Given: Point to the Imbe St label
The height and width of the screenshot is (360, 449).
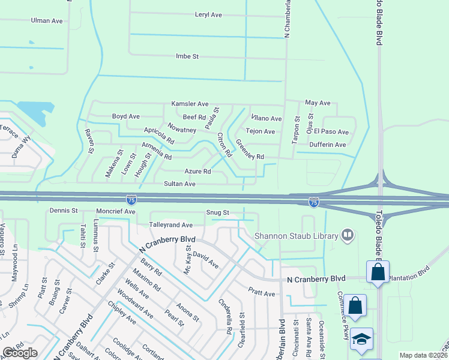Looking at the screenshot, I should (x=187, y=56).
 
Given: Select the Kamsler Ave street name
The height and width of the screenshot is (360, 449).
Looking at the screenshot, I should (x=190, y=104).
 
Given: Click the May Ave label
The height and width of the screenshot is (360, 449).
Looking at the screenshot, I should (x=318, y=103).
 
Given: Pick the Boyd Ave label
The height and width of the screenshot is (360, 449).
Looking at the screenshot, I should (x=126, y=116).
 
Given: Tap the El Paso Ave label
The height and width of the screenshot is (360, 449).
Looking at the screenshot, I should (x=335, y=132).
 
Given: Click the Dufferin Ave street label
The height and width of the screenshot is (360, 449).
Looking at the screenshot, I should (x=328, y=145).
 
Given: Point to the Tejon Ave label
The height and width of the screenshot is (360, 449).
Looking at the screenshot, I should (x=261, y=131).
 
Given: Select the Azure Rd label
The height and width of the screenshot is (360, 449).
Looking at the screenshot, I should (x=198, y=172).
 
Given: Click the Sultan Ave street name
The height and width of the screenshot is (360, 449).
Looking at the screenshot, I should (x=181, y=184).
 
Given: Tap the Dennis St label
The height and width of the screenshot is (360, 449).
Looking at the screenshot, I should (x=64, y=211).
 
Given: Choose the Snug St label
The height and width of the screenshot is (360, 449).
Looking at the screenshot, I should (x=218, y=213).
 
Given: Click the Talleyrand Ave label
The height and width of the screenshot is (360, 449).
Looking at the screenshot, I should (x=171, y=225).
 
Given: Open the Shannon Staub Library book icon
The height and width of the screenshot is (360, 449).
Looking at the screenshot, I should (x=347, y=236).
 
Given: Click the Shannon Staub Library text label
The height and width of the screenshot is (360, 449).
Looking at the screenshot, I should (x=297, y=236).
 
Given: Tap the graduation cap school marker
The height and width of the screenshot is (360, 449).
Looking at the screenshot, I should (x=362, y=339).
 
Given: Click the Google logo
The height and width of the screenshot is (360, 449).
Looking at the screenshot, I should (x=20, y=353).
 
